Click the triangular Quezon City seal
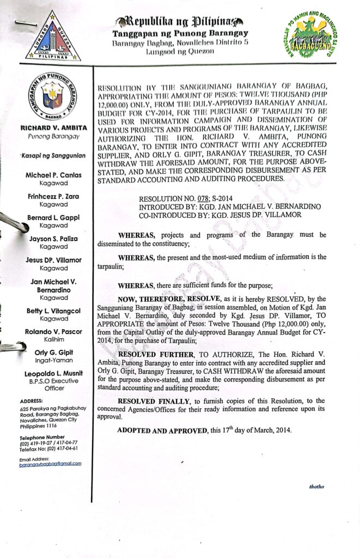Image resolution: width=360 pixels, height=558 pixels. pos(53,37)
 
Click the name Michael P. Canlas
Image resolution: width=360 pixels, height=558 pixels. pos(53,175)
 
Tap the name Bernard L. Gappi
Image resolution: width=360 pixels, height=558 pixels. pos(53,217)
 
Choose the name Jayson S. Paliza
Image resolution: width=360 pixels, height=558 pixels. pos(53,239)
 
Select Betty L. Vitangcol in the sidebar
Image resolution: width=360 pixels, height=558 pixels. pos(53,310)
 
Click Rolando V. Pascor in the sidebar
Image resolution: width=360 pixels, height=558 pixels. pos(53,331)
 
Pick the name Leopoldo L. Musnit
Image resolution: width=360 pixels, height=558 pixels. pos(53,374)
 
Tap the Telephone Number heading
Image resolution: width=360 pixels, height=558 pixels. pos(42,438)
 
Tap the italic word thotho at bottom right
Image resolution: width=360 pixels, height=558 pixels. pos(316,486)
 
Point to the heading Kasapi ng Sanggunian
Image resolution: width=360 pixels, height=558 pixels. pos(53,156)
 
